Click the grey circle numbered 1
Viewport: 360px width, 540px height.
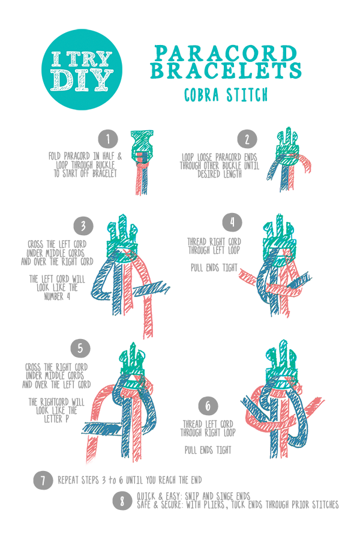(x=108, y=139)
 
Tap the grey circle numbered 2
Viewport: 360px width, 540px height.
(x=247, y=139)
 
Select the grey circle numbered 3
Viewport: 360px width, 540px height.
(x=83, y=226)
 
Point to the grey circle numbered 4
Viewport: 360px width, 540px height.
(x=232, y=222)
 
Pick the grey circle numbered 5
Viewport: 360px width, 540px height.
(x=80, y=348)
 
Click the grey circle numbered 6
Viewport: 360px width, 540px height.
(x=208, y=406)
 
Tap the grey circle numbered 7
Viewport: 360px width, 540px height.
(x=43, y=480)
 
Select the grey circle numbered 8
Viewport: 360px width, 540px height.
(x=122, y=501)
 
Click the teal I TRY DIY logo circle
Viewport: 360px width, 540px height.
(x=82, y=70)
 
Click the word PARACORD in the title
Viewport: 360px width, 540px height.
(x=226, y=53)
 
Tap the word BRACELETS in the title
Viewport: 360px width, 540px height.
(x=226, y=70)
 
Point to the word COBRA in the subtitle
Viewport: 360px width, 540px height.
(x=202, y=95)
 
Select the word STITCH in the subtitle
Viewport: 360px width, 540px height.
(x=247, y=95)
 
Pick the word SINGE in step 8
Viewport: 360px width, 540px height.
(x=226, y=496)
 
